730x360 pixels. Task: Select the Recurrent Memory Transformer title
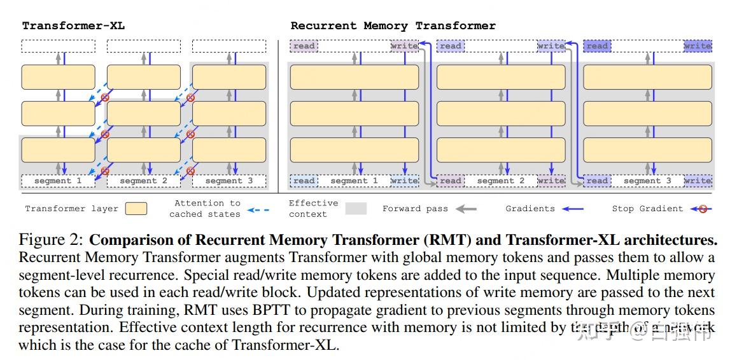tap(393, 25)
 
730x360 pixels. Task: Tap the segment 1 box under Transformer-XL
tap(58, 181)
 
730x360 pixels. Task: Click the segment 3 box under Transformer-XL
tap(228, 181)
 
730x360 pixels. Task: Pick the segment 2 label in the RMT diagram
tap(500, 181)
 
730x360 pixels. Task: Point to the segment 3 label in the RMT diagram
tap(647, 181)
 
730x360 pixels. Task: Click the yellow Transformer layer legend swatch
tap(136, 209)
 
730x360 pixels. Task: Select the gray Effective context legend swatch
tap(355, 209)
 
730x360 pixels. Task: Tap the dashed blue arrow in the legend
tap(257, 209)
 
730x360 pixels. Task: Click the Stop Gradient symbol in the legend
tap(703, 209)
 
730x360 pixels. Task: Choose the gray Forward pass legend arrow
tap(467, 209)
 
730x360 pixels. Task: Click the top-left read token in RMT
tap(304, 46)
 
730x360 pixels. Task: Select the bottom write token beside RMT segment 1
tap(405, 181)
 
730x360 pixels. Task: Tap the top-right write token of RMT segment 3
tap(698, 46)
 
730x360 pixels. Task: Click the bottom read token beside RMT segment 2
tap(450, 181)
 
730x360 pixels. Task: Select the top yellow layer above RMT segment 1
tap(354, 77)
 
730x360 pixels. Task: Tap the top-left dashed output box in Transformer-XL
tap(58, 46)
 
